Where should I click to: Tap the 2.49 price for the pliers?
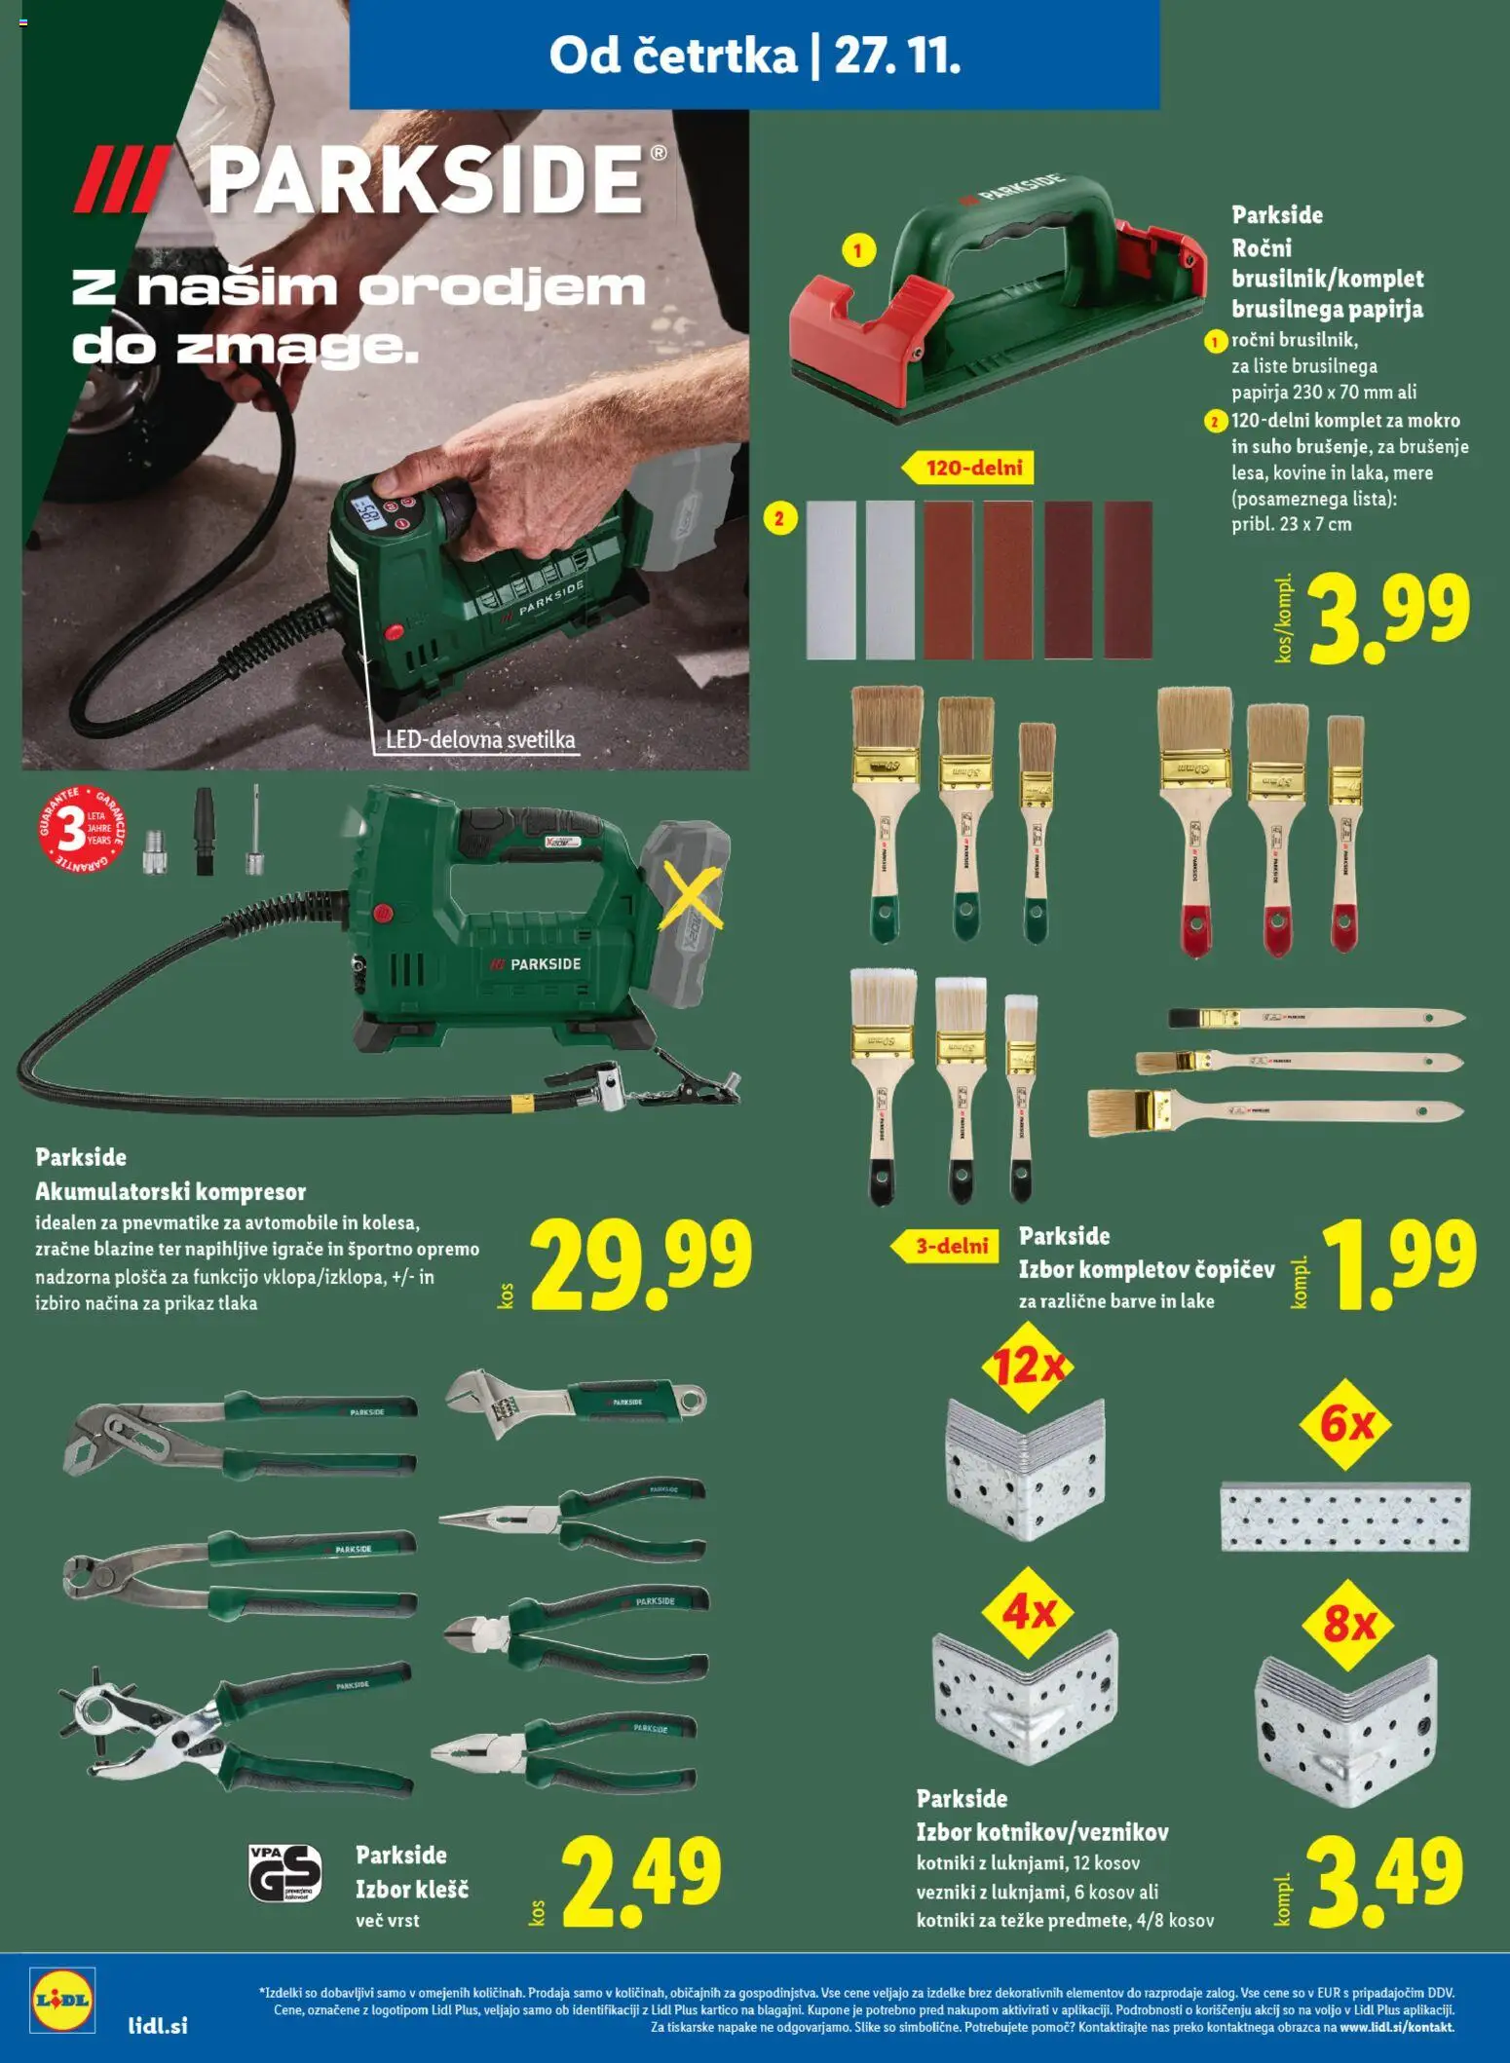pyautogui.click(x=641, y=1881)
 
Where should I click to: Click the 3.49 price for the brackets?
pyautogui.click(x=1384, y=1881)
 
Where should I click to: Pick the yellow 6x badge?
pyautogui.click(x=1345, y=1425)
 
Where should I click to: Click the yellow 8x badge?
pyautogui.click(x=1349, y=1624)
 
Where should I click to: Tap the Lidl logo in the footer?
pyautogui.click(x=62, y=1999)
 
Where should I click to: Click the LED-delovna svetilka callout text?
pyautogui.click(x=480, y=739)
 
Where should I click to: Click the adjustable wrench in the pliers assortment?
pyautogui.click(x=575, y=1403)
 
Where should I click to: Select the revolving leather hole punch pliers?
pyautogui.click(x=234, y=1729)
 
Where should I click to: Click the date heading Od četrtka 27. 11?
pyautogui.click(x=754, y=55)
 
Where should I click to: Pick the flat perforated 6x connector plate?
pyautogui.click(x=1344, y=1517)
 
